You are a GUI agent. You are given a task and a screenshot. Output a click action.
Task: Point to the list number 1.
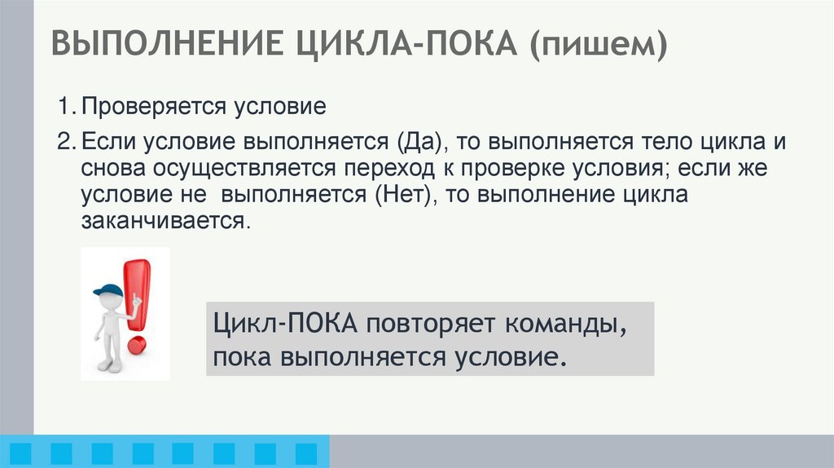tap(63, 106)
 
